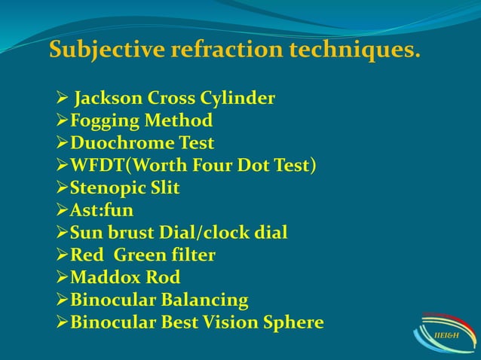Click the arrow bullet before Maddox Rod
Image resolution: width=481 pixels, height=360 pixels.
tap(63, 278)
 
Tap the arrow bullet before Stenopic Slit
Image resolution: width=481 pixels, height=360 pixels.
tap(63, 188)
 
